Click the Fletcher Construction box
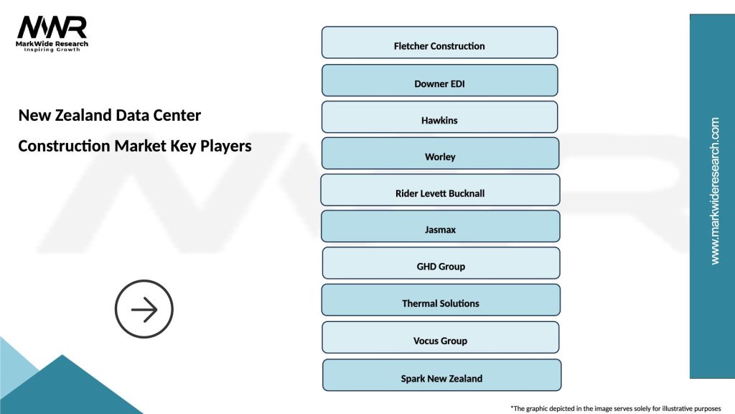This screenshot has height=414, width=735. [x=439, y=43]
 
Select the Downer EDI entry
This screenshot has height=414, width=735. [x=439, y=80]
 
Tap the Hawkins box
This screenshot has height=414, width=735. [x=439, y=117]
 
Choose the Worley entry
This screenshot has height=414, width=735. [x=440, y=154]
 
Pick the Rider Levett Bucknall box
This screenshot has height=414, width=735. [x=440, y=190]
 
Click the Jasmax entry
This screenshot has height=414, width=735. [x=440, y=226]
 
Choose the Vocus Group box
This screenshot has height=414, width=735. [x=440, y=338]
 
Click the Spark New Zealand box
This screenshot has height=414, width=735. [x=441, y=375]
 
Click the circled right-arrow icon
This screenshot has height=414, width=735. [x=144, y=310]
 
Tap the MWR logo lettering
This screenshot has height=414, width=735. [x=52, y=27]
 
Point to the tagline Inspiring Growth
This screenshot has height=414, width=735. [x=52, y=50]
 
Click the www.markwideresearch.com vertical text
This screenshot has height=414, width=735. [x=715, y=191]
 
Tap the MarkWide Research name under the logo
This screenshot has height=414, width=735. [x=52, y=43]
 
